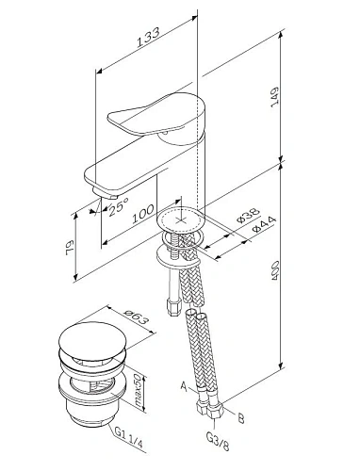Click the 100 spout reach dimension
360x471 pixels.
click(x=144, y=219)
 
